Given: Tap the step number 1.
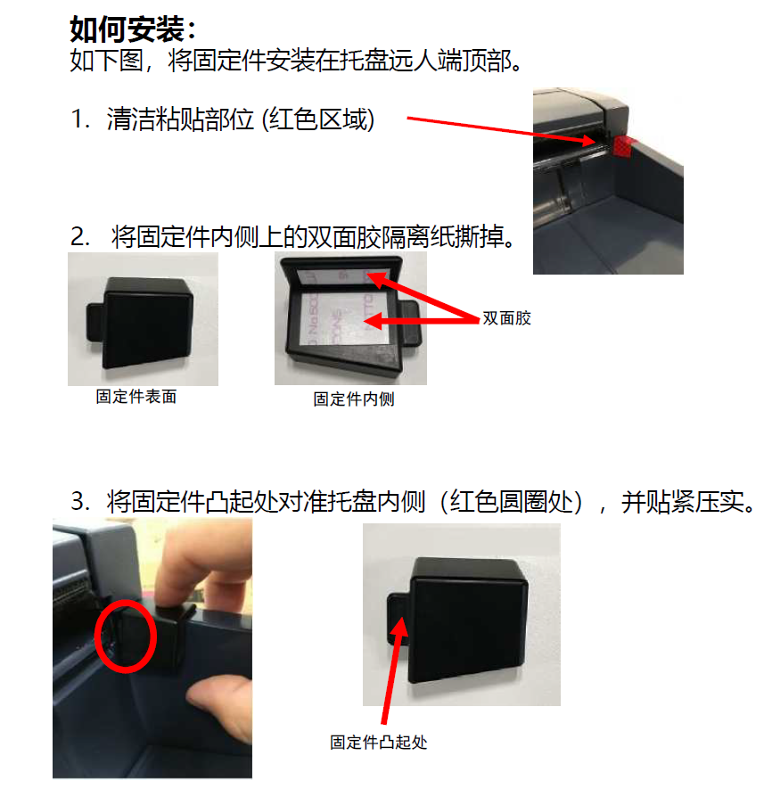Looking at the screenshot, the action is tap(80, 119).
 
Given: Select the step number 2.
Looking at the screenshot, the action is tap(80, 236).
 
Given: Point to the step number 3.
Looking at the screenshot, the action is tap(80, 501).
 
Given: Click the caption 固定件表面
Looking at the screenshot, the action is tap(136, 397).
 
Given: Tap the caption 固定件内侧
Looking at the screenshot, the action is tap(354, 399).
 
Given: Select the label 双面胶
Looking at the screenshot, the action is tap(506, 318).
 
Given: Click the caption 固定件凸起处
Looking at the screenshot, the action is tap(379, 743).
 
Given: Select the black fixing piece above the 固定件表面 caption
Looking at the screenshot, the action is tap(144, 322).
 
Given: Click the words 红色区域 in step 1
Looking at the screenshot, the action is tap(318, 119).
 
